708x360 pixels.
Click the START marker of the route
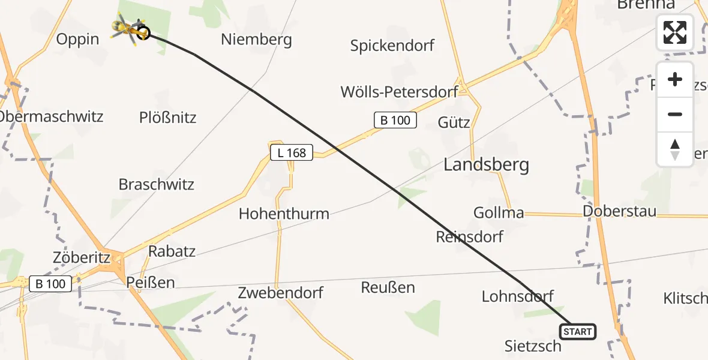[578, 331]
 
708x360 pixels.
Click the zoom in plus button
[675, 80]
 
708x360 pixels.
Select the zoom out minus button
[675, 114]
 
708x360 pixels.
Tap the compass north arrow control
[675, 149]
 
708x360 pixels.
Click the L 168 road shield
[292, 153]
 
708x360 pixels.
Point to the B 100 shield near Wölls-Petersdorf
[395, 120]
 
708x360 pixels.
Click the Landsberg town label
[486, 164]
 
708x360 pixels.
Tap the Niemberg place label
[256, 40]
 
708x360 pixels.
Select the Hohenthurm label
[284, 213]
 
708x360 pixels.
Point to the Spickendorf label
[392, 46]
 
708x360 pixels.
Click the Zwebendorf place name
[280, 293]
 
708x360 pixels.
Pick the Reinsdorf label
[469, 236]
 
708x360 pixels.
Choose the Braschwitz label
[157, 184]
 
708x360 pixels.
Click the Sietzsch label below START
[533, 346]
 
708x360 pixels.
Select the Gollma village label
[499, 212]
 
